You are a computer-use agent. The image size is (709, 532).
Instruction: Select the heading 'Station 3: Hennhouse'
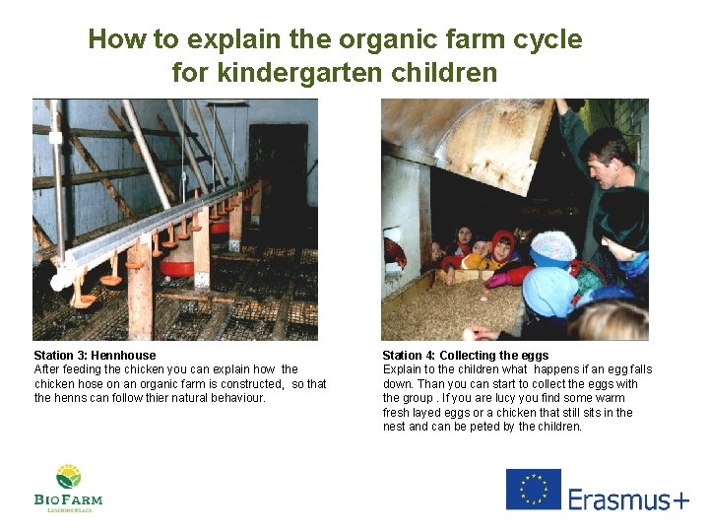(95, 355)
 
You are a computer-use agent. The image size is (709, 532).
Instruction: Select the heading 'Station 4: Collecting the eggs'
(466, 355)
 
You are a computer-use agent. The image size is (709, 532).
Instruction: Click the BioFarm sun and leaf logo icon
(68, 477)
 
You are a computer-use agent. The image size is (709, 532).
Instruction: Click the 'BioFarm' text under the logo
(68, 499)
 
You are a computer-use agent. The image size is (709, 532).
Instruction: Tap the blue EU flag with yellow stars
(533, 490)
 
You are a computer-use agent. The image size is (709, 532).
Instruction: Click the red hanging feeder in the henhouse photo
(177, 265)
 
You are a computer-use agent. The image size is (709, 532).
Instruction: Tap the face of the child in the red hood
(503, 247)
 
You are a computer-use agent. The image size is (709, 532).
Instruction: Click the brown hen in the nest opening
(396, 253)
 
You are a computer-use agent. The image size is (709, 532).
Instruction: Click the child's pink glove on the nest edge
(496, 279)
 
